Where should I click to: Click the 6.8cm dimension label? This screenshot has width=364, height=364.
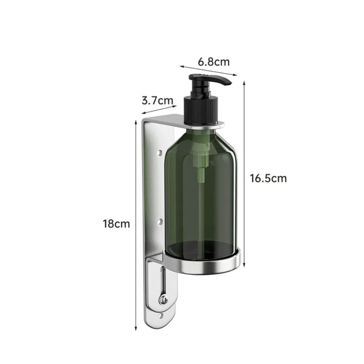pos(214,62)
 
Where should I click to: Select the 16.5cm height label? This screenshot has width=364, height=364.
pos(268,178)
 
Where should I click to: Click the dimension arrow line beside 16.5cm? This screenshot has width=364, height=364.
pos(245,175)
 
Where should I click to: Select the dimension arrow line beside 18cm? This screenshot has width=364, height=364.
pos(136,226)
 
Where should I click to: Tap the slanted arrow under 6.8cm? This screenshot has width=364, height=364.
pos(208,71)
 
